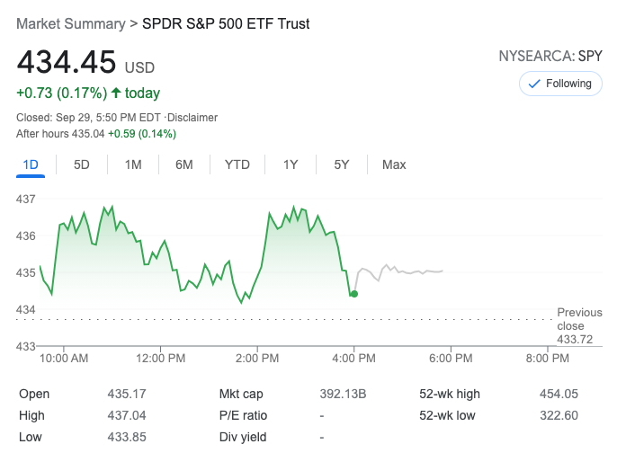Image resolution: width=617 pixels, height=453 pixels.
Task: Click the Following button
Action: [x=559, y=84]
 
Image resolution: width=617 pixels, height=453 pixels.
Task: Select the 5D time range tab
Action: [x=81, y=164]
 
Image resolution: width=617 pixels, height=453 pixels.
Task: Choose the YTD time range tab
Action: [x=237, y=164]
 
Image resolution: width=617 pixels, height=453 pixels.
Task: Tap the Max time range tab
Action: [x=394, y=164]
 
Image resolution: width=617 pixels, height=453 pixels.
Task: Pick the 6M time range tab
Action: [x=184, y=164]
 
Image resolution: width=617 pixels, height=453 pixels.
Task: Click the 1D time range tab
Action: [x=31, y=164]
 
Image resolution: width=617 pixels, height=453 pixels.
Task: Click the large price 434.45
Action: [x=67, y=62]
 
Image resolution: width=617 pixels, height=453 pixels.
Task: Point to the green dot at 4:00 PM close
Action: [x=354, y=294]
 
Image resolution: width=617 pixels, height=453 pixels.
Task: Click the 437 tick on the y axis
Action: [x=25, y=199]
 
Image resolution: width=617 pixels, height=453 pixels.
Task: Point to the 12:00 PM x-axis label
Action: [x=161, y=358]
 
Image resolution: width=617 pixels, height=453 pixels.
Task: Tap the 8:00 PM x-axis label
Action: [x=547, y=358]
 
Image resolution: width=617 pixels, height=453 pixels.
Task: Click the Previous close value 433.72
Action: [x=575, y=339]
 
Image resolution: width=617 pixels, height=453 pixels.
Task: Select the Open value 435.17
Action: [x=127, y=394]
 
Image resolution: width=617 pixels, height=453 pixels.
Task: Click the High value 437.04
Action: [x=127, y=415]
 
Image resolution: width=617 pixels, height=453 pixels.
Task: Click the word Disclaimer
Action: [x=192, y=118]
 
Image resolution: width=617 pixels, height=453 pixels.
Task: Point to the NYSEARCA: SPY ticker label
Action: [x=550, y=57]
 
